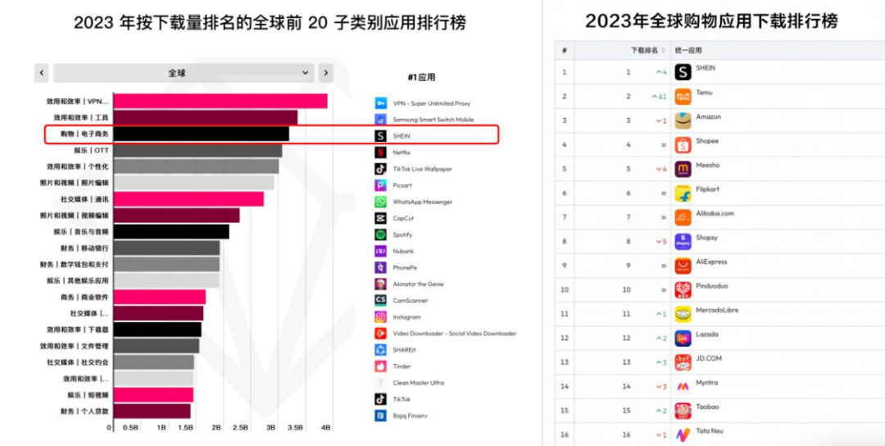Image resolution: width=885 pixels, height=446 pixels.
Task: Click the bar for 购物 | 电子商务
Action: coord(201,134)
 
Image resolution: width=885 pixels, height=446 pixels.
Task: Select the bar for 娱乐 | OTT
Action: coord(197,151)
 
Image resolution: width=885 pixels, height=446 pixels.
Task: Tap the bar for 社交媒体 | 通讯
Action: coord(188,199)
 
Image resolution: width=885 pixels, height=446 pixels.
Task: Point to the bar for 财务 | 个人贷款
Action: coord(152,411)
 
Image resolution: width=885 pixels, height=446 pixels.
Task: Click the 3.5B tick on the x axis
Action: coord(298,428)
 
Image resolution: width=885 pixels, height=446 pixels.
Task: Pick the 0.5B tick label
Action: coord(130,428)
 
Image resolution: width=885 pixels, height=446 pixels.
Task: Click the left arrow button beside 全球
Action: coord(41,73)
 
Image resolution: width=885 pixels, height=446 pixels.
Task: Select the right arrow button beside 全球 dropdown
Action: coord(325,73)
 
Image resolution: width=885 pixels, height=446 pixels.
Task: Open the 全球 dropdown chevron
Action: coord(306,73)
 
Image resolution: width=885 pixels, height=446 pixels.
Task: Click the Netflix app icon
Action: coord(380,152)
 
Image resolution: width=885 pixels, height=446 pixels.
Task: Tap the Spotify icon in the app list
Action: coord(380,234)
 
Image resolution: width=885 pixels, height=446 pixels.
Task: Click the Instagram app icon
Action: coord(380,317)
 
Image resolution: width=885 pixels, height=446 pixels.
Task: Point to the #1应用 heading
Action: coord(421,77)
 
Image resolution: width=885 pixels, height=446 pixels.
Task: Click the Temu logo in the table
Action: coord(683,97)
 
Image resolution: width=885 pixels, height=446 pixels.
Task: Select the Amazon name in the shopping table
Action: coord(709,117)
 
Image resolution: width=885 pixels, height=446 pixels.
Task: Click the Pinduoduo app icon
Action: coord(683,289)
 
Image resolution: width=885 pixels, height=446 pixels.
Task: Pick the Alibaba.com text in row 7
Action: coord(715,213)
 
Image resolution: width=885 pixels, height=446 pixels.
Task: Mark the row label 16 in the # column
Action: coord(564,435)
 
